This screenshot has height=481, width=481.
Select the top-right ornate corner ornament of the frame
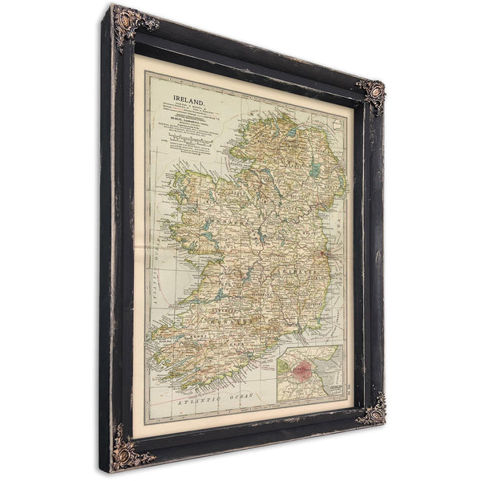coord(371,94)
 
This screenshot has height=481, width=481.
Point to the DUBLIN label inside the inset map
coord(332,390)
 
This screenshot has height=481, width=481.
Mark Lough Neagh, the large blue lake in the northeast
coord(315,169)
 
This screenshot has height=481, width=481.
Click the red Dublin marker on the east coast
coord(323,256)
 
